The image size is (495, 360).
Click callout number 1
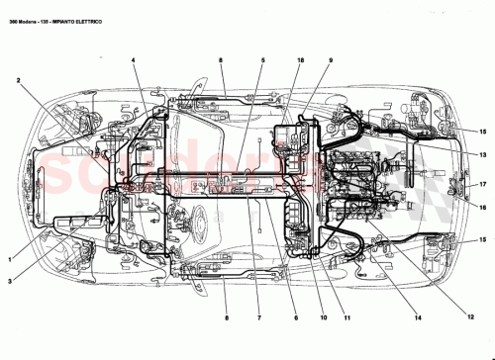click(x=12, y=260)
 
